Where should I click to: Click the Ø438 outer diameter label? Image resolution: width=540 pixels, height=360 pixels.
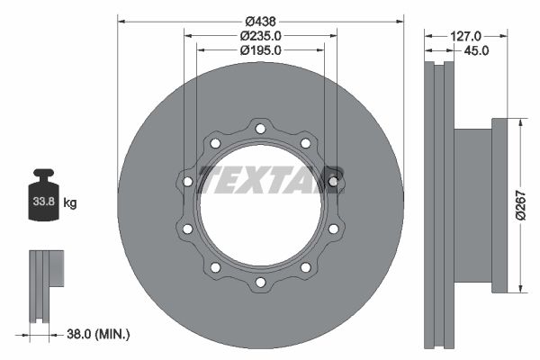[x=260, y=22]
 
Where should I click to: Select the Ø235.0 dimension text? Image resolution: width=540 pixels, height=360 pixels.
[x=261, y=36]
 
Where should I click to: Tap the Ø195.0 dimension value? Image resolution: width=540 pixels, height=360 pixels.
[x=261, y=50]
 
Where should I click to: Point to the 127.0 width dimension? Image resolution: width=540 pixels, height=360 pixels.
[x=466, y=36]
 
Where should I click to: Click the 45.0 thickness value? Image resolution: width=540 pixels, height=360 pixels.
[x=476, y=50]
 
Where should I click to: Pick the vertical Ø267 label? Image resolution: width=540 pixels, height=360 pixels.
[x=521, y=205]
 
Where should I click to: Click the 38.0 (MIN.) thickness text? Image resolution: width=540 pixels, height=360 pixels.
[x=98, y=334]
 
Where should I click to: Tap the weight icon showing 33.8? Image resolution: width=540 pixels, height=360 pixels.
[x=43, y=194]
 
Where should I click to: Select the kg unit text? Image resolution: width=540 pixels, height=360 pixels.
[x=70, y=202]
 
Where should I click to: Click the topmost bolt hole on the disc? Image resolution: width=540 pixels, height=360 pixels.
[x=260, y=129]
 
